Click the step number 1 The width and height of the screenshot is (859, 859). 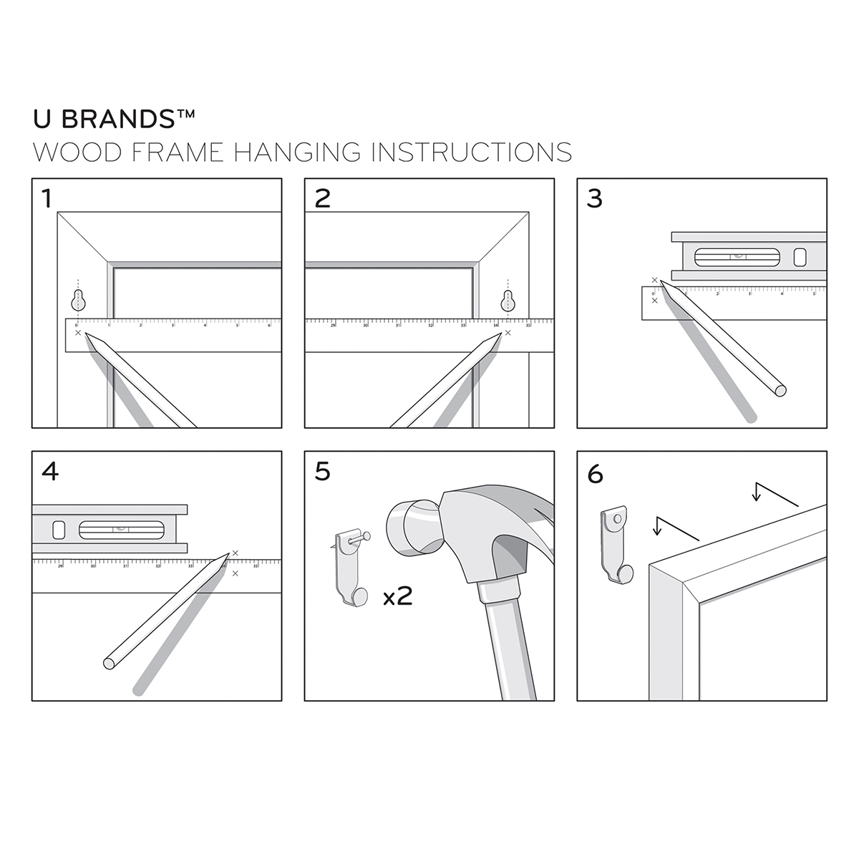[x=47, y=198]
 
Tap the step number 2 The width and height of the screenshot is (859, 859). [x=322, y=198]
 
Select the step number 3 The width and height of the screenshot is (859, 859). [x=594, y=198]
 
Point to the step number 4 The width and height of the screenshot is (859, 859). [x=50, y=471]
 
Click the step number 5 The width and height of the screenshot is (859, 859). [x=322, y=472]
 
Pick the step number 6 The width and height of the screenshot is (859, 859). [x=595, y=474]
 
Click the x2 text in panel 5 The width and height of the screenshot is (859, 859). [x=397, y=597]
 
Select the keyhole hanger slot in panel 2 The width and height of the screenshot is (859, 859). [x=508, y=299]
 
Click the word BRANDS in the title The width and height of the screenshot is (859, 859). [x=127, y=120]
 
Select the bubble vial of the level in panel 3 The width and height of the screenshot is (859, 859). [x=736, y=256]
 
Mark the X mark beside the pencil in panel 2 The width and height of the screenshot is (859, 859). [x=508, y=332]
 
